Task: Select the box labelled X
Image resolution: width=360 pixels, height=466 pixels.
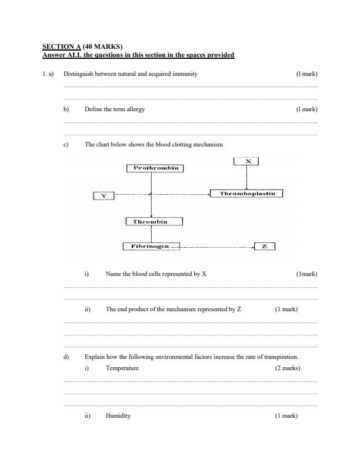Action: [247, 161]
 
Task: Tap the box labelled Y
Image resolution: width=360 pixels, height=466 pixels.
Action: [104, 195]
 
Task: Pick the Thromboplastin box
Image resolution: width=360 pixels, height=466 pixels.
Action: [247, 193]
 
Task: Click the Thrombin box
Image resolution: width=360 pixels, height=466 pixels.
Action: [153, 221]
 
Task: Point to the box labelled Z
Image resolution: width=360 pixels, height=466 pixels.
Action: [264, 247]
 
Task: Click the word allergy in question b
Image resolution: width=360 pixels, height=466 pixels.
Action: [135, 109]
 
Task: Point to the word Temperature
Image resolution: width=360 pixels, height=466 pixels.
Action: [122, 368]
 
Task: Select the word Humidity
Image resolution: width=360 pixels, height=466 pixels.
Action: [118, 416]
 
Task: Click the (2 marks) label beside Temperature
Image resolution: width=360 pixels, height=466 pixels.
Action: [287, 368]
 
